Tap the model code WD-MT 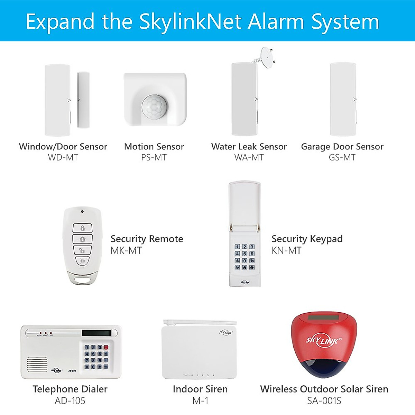(63, 157)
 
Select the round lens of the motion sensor (154, 106)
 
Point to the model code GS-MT (342, 157)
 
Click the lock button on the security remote (82, 228)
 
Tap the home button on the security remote (82, 239)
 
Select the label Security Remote (147, 239)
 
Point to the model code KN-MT (286, 250)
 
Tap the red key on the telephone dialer (106, 347)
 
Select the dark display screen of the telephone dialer (96, 333)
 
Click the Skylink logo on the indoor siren (225, 333)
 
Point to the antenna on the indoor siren (199, 322)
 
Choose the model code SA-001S (324, 401)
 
